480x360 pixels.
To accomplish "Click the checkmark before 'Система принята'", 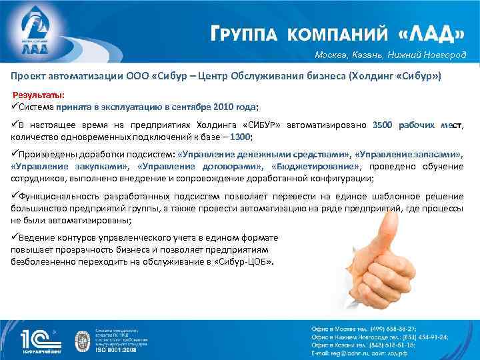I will pyautogui.click(x=14, y=107).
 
